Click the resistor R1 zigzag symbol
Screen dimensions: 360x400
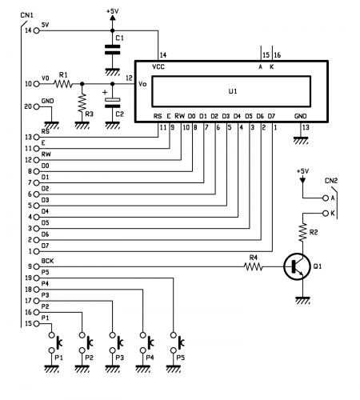pyautogui.click(x=63, y=84)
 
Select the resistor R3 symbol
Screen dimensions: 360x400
pyautogui.click(x=82, y=102)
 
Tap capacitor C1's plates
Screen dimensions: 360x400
pyautogui.click(x=112, y=50)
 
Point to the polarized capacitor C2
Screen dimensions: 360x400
pyautogui.click(x=112, y=103)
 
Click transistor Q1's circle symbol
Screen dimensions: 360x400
pyautogui.click(x=297, y=266)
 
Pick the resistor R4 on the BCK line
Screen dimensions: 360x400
pyautogui.click(x=254, y=266)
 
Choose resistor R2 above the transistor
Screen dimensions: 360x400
pyautogui.click(x=302, y=233)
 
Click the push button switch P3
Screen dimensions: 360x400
pyautogui.click(x=115, y=342)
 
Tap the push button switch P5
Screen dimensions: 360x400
pyautogui.click(x=177, y=342)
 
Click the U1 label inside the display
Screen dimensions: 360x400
pyautogui.click(x=233, y=91)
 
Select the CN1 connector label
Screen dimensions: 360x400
pyautogui.click(x=26, y=15)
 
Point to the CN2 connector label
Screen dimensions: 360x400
pyautogui.click(x=331, y=181)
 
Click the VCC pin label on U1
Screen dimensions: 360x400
pyautogui.click(x=158, y=66)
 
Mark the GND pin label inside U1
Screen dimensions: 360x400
pyautogui.click(x=301, y=116)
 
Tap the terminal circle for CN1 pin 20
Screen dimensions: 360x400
pyautogui.click(x=36, y=106)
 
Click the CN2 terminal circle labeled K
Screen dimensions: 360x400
pyautogui.click(x=326, y=214)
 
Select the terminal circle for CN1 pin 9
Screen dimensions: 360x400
pyautogui.click(x=36, y=266)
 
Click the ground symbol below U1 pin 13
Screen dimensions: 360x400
pyautogui.click(x=301, y=141)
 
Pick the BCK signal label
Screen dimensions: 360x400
pyautogui.click(x=47, y=261)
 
